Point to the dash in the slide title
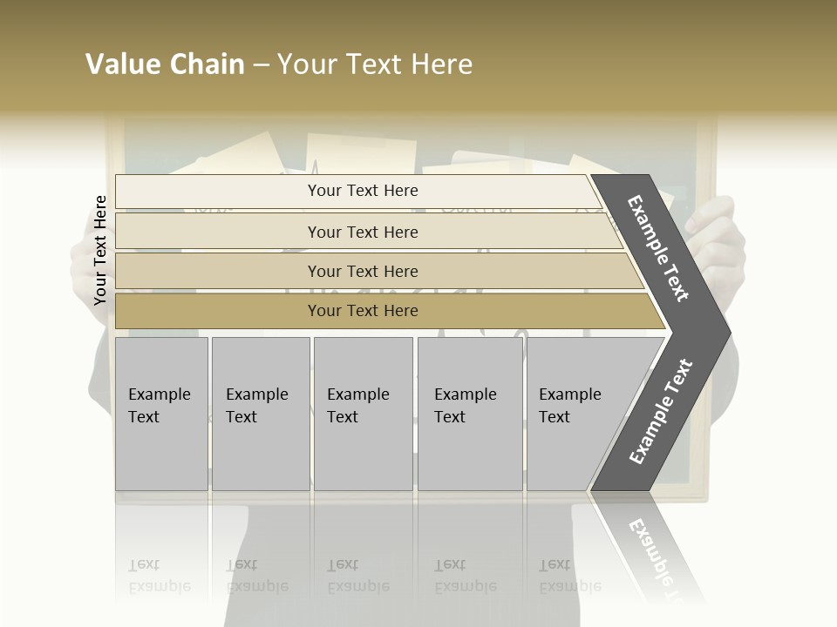[261, 65]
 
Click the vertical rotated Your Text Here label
[100, 250]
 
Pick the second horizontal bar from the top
[362, 232]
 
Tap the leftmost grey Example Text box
[161, 414]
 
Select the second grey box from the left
[261, 414]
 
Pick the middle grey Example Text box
[363, 414]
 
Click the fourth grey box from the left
[470, 414]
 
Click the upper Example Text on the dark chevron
[658, 248]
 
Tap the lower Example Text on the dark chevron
[661, 412]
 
